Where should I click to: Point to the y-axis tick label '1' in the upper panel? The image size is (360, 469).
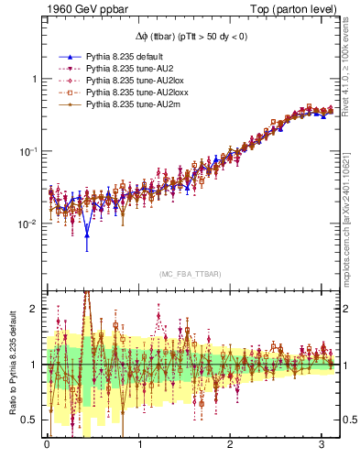coord(33,79)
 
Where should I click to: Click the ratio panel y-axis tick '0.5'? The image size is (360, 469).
coord(29,420)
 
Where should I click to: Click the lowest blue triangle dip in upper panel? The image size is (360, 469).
coord(87,235)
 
